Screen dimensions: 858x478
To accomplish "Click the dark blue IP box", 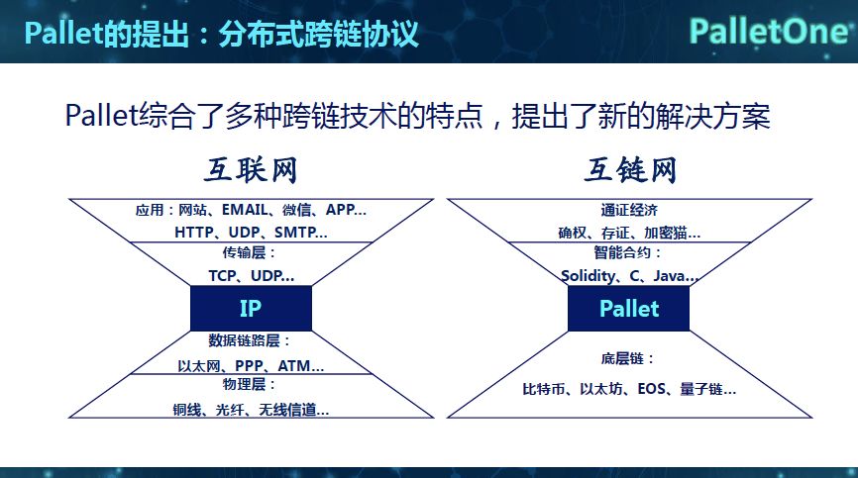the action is [251, 308].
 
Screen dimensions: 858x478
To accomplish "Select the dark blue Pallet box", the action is [628, 308].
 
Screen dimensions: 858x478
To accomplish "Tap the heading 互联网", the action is [251, 171].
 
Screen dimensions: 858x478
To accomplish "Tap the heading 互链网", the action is [629, 171].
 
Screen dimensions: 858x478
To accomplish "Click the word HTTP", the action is [195, 233].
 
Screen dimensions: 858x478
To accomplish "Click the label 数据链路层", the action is [250, 341].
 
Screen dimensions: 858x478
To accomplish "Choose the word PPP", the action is [250, 365].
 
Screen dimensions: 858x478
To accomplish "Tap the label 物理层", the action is [250, 384].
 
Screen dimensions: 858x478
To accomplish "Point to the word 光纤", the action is [241, 409].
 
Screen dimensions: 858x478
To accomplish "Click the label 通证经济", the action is [628, 210].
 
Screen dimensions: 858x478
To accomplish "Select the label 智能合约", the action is [628, 253].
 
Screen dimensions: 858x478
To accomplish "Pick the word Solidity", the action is [589, 276].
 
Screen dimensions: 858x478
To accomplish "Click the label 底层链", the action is [629, 358].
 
